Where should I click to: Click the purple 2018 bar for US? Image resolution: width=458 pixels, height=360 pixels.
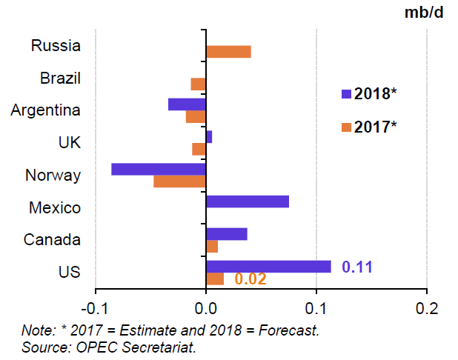268,267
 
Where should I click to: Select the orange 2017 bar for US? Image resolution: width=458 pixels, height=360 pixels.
215,279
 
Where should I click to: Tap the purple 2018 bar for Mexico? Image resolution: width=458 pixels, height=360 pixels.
248,201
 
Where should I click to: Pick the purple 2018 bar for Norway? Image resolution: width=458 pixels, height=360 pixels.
159,169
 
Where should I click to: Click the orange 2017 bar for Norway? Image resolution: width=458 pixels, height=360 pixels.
180,181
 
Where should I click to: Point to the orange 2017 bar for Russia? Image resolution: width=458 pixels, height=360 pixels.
228,51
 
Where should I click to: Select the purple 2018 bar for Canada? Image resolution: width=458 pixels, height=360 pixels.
227,234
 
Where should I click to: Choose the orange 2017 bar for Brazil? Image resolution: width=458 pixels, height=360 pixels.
199,84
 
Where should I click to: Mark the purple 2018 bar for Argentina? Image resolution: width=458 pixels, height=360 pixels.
187,104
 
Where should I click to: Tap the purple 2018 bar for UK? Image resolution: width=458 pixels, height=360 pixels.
209,137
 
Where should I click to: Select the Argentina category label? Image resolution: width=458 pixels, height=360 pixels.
46,110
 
